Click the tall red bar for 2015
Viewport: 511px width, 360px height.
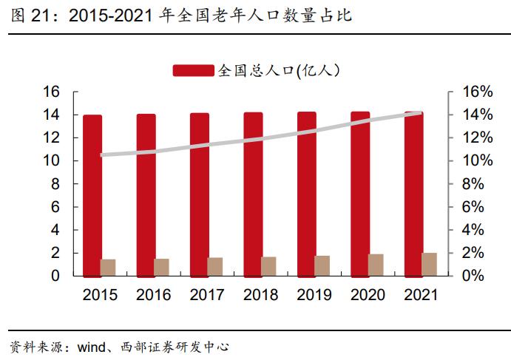click(x=92, y=195)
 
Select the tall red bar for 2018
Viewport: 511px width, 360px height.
click(x=253, y=194)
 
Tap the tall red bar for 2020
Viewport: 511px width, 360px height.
click(x=360, y=194)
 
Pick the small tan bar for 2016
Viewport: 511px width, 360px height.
click(x=161, y=268)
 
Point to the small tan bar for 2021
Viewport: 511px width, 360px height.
click(x=429, y=265)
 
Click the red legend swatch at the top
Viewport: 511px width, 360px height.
click(x=194, y=70)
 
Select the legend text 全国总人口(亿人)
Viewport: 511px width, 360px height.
click(x=278, y=70)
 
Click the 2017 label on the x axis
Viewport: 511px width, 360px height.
click(x=207, y=295)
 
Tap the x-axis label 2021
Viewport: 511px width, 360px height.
click(x=422, y=295)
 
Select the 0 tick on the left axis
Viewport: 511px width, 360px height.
click(x=55, y=276)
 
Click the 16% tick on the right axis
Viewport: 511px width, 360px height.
click(x=477, y=92)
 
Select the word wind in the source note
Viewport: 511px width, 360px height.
click(x=93, y=346)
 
